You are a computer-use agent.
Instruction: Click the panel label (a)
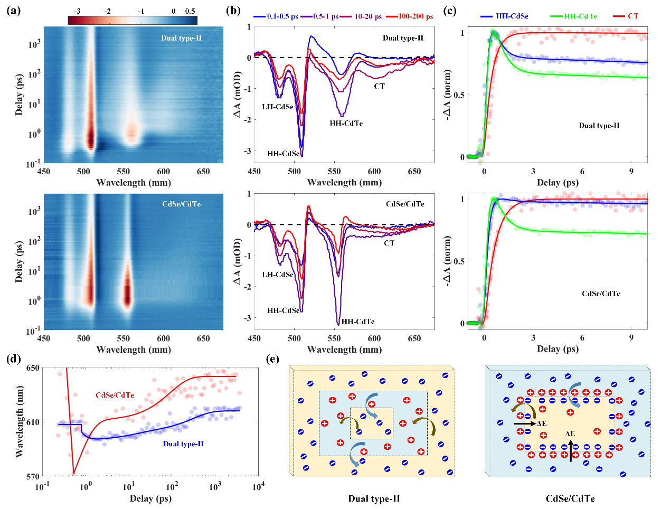point(14,10)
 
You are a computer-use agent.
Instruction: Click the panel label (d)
point(14,360)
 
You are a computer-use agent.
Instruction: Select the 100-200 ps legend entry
point(416,16)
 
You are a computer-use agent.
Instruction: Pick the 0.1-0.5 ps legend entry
point(281,16)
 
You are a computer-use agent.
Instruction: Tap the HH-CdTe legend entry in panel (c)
point(580,16)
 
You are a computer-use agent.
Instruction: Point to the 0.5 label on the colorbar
point(191,11)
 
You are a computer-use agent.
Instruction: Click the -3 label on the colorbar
point(77,11)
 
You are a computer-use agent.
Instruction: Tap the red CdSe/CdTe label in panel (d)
point(115,395)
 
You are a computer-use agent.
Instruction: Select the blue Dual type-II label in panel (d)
point(183,444)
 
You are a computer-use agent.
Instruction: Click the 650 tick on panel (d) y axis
point(33,368)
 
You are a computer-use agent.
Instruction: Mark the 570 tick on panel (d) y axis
point(33,476)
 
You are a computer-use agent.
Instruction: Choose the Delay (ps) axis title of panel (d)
point(150,498)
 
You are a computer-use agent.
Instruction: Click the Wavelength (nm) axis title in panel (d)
point(19,422)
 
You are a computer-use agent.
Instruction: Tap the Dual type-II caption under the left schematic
point(374,498)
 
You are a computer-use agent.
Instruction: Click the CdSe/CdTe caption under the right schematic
point(570,498)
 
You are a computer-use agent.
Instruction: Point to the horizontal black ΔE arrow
point(524,423)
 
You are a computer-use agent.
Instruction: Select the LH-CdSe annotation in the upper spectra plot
point(278,107)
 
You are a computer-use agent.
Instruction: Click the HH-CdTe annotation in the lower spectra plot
point(358,322)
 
